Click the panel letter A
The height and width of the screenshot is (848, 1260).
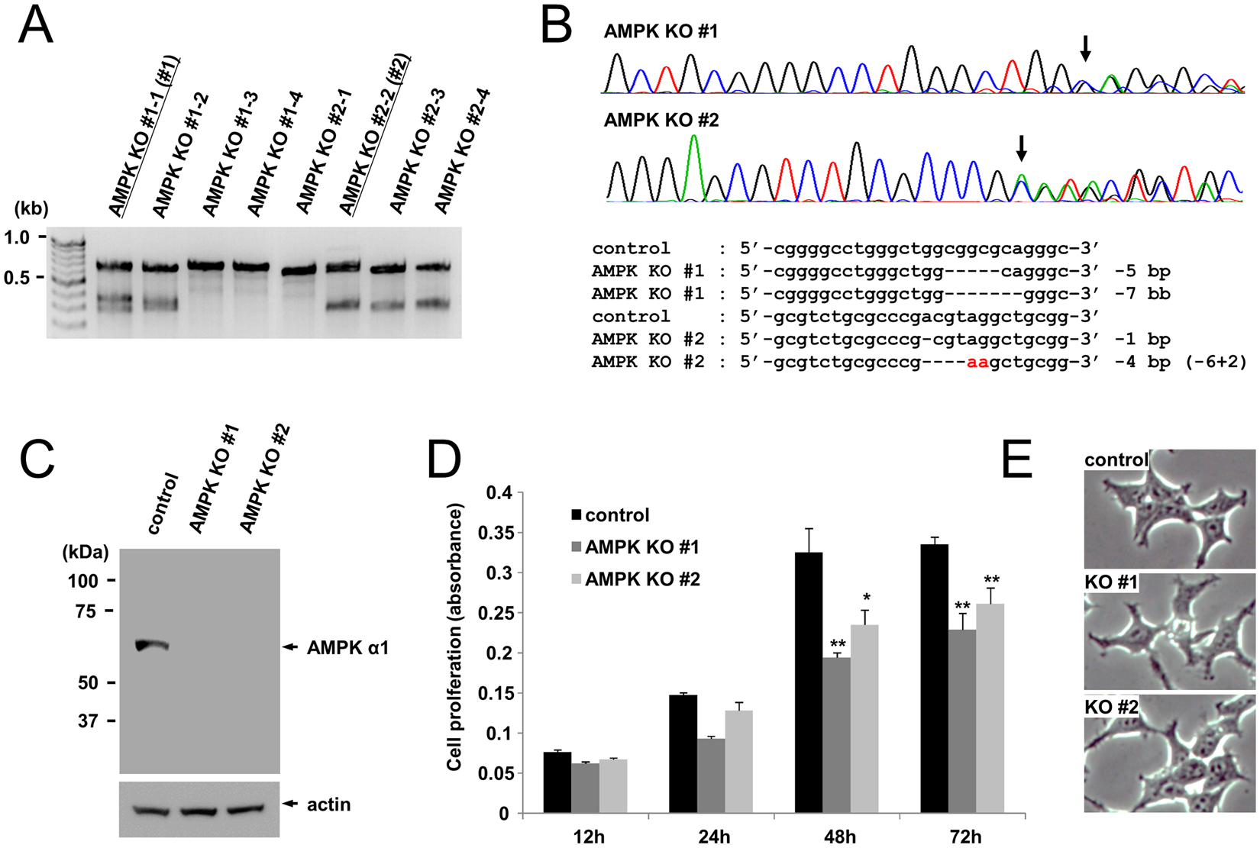coord(35,27)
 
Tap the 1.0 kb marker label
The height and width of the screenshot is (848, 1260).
coord(17,237)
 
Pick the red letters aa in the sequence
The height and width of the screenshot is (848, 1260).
coord(977,362)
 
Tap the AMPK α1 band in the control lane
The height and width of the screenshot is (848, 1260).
coord(151,646)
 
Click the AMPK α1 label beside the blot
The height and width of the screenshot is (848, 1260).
coord(347,648)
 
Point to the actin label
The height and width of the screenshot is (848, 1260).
coord(328,804)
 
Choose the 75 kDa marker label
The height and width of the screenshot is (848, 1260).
coord(86,611)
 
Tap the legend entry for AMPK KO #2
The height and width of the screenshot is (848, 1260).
coord(642,579)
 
